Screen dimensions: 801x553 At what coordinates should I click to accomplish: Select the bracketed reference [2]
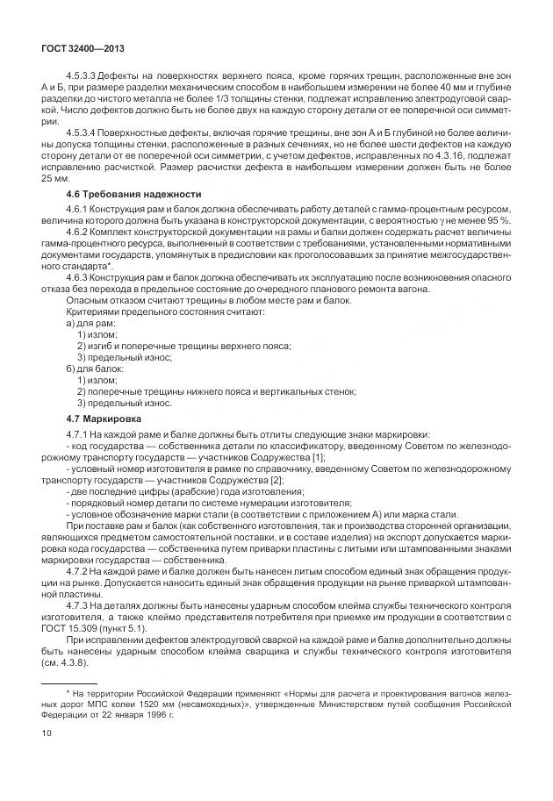point(276,480)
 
